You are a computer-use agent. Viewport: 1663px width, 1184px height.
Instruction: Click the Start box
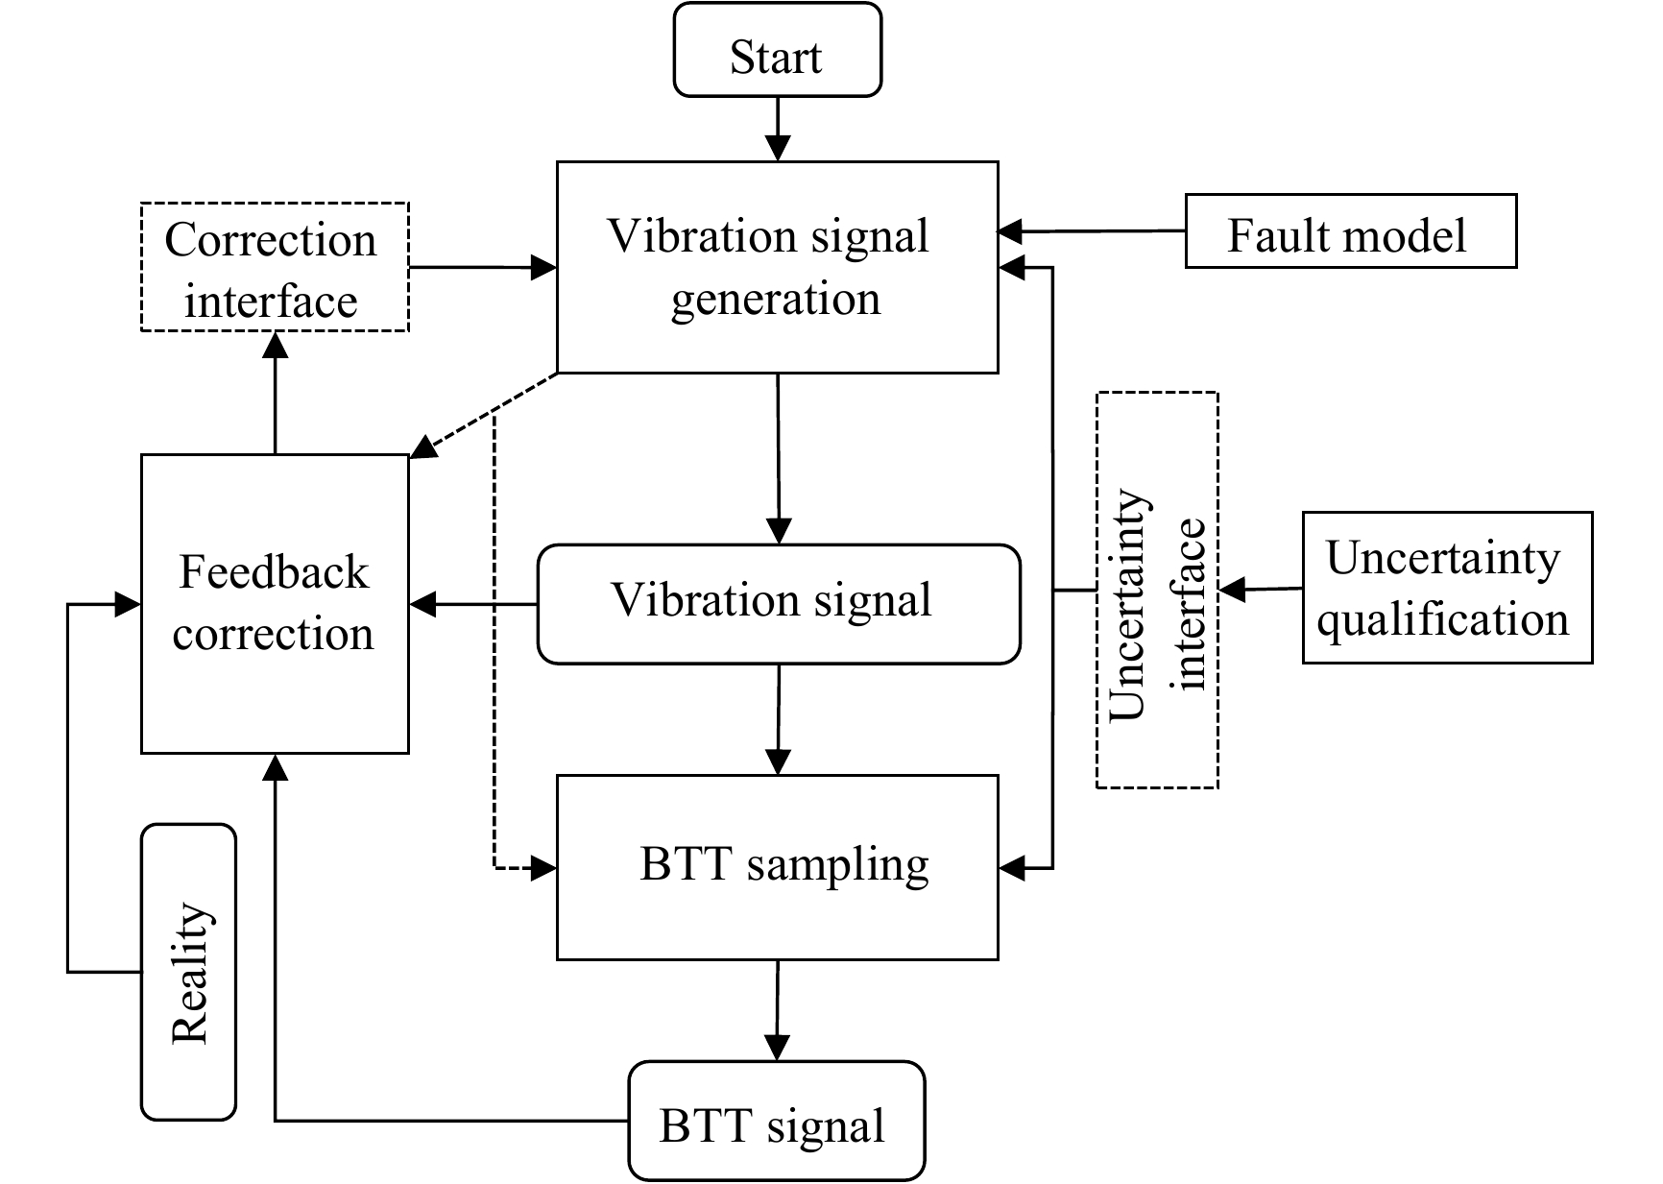point(777,50)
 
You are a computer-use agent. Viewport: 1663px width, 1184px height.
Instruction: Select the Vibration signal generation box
point(777,267)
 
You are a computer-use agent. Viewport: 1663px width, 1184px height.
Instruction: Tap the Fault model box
point(1351,230)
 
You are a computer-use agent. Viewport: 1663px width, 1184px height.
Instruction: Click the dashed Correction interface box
point(275,267)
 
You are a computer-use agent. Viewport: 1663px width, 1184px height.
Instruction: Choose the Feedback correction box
point(275,603)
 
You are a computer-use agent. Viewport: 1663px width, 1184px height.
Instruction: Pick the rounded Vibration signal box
point(778,604)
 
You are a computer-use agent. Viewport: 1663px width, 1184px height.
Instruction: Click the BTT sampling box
point(777,867)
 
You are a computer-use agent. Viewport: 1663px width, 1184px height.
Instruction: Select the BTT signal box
point(776,1122)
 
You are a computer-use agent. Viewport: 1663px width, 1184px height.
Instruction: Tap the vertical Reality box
point(188,972)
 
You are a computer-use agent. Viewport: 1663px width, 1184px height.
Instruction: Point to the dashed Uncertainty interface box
point(1157,591)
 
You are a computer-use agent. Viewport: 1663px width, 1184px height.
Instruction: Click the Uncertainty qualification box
point(1447,588)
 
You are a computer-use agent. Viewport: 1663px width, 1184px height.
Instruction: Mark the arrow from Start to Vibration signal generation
point(777,129)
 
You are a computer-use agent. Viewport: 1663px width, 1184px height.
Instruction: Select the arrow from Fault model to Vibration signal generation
point(1093,231)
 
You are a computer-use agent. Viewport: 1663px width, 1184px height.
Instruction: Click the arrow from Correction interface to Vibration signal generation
point(483,267)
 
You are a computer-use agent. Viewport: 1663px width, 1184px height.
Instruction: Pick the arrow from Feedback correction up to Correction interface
point(276,393)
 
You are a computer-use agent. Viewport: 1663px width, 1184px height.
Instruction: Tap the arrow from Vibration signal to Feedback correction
point(473,604)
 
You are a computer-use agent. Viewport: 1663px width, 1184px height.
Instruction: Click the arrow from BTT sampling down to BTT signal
point(777,1010)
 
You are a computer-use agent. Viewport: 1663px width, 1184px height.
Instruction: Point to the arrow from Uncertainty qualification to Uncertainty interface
point(1261,589)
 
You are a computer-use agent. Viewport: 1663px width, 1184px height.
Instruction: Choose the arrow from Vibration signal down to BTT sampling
point(778,719)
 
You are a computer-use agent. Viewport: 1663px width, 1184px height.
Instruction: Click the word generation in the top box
point(776,300)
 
